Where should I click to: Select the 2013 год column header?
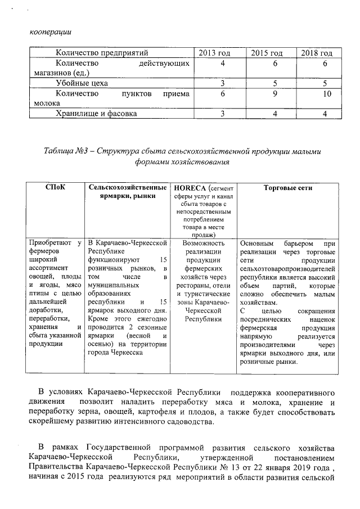point(215,53)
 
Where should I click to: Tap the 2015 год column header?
point(266,53)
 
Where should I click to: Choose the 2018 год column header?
point(317,53)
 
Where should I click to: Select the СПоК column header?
point(55,188)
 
